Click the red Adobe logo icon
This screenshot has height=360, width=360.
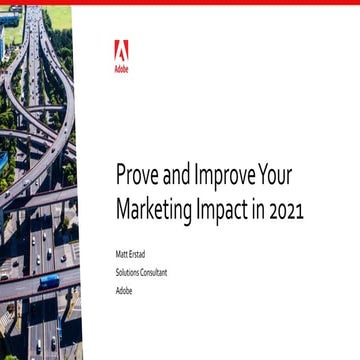click(121, 51)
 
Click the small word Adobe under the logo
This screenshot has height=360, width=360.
click(121, 70)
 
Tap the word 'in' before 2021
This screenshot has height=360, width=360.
click(263, 211)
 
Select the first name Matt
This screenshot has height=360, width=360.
click(122, 256)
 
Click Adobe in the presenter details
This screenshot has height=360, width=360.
click(124, 291)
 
